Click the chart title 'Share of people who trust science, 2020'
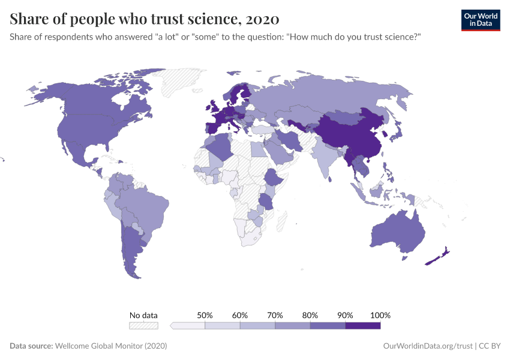(x=144, y=19)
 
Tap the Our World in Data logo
(x=480, y=20)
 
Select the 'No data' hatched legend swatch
(x=144, y=326)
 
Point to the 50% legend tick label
(x=205, y=315)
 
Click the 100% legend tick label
(x=380, y=315)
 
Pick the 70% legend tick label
(x=275, y=315)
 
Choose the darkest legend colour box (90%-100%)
(x=363, y=326)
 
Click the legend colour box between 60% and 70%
(x=258, y=326)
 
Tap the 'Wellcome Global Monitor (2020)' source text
(x=111, y=346)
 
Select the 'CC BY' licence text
(x=489, y=346)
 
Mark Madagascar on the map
(x=280, y=222)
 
